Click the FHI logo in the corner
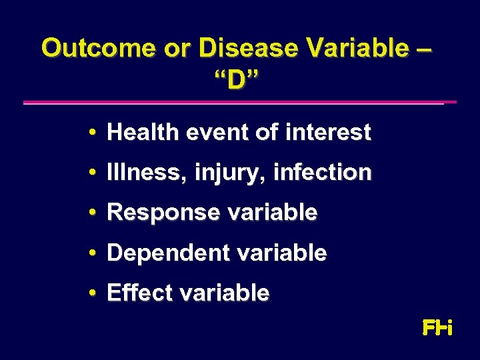pyautogui.click(x=438, y=327)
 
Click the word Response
pyautogui.click(x=153, y=213)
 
